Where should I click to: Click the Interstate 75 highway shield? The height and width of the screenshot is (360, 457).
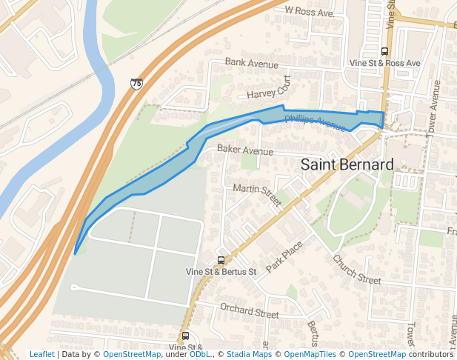click(x=136, y=84)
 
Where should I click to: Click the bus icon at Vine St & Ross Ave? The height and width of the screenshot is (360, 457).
click(x=384, y=52)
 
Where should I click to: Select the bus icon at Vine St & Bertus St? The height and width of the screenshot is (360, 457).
click(x=220, y=260)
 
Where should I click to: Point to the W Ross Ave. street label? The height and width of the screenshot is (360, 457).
click(x=310, y=13)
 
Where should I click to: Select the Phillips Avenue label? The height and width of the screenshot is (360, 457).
click(x=315, y=120)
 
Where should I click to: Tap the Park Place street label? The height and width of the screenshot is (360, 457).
click(x=285, y=255)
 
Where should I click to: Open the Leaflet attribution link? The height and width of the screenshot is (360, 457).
click(x=41, y=354)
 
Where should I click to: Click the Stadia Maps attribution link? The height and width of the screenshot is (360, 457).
click(x=249, y=354)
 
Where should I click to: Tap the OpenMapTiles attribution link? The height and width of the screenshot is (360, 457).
click(x=308, y=354)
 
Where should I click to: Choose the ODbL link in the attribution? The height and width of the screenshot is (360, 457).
click(x=201, y=354)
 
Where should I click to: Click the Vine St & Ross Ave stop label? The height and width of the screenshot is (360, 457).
click(x=384, y=64)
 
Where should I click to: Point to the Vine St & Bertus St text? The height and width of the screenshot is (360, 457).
click(x=220, y=272)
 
